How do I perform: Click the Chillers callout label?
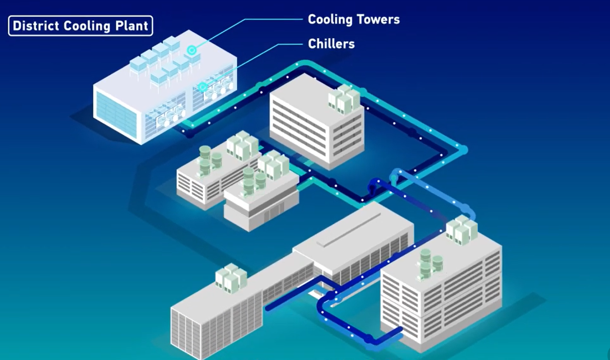click(x=331, y=44)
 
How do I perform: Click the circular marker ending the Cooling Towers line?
click(x=192, y=51)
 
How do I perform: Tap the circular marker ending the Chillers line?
click(x=203, y=87)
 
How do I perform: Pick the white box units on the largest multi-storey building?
click(x=461, y=230)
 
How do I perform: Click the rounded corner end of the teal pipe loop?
click(x=463, y=150)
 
